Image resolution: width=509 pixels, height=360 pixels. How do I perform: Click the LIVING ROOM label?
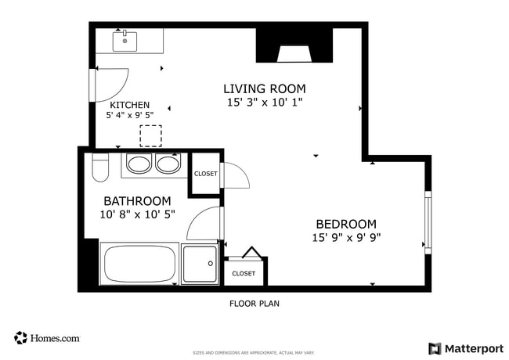pyautogui.click(x=265, y=88)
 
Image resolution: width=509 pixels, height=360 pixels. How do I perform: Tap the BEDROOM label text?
pyautogui.click(x=346, y=223)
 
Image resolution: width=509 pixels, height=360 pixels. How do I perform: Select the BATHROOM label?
pyautogui.click(x=137, y=201)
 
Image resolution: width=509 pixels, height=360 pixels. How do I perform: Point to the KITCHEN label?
pyautogui.click(x=129, y=105)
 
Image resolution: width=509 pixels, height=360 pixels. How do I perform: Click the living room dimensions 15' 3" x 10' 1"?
pyautogui.click(x=265, y=102)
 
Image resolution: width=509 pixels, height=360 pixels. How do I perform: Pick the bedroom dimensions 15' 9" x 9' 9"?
pyautogui.click(x=346, y=237)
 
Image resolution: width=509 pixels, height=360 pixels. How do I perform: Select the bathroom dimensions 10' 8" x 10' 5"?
pyautogui.click(x=137, y=214)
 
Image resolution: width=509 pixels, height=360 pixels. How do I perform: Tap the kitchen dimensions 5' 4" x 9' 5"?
pyautogui.click(x=129, y=115)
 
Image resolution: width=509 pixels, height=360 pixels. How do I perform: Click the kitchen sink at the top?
pyautogui.click(x=125, y=39)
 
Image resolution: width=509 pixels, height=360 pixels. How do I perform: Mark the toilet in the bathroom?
pyautogui.click(x=99, y=168)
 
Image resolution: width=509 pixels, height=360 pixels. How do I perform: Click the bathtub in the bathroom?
pyautogui.click(x=140, y=264)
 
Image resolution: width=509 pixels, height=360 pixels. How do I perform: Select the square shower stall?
pyautogui.click(x=200, y=264)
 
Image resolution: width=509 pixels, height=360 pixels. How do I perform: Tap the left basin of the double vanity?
pyautogui.click(x=139, y=164)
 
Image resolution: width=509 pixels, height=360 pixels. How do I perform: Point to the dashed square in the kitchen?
pyautogui.click(x=150, y=136)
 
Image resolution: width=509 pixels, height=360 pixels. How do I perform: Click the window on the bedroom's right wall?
pyautogui.click(x=427, y=222)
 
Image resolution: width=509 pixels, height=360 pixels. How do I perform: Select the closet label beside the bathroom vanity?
pyautogui.click(x=206, y=174)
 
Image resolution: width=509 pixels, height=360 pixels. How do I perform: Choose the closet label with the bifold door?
pyautogui.click(x=244, y=273)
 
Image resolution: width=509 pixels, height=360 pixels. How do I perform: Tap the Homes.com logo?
pyautogui.click(x=47, y=338)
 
